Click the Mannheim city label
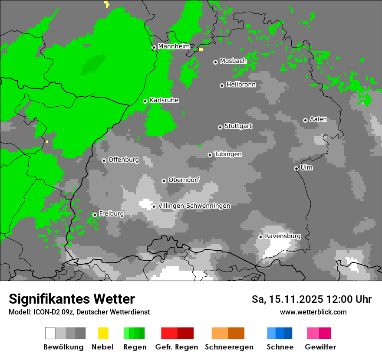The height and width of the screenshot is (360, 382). point(174,46)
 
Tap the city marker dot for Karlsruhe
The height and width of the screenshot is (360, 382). point(145,101)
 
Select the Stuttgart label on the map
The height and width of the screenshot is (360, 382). point(238,126)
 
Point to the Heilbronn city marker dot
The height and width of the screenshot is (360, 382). point(222,85)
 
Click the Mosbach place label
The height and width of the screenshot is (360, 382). point(233,61)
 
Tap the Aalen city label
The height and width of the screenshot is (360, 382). point(318,119)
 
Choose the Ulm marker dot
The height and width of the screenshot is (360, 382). point(296,168)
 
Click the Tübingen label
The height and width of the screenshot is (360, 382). point(228,154)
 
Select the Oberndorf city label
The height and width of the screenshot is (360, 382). point(184,180)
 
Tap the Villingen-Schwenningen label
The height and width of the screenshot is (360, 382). point(194,206)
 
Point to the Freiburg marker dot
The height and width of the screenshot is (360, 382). point(95,215)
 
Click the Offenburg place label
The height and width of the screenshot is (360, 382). point(124,160)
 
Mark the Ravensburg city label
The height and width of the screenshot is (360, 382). point(283,236)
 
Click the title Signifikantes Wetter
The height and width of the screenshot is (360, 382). point(72,299)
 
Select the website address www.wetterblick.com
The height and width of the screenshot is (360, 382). point(313,312)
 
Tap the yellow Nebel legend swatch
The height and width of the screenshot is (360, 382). point(103,333)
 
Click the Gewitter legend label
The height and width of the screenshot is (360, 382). point(320,347)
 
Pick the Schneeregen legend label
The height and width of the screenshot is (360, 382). point(229,347)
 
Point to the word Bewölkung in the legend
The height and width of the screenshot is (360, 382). point(63,347)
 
